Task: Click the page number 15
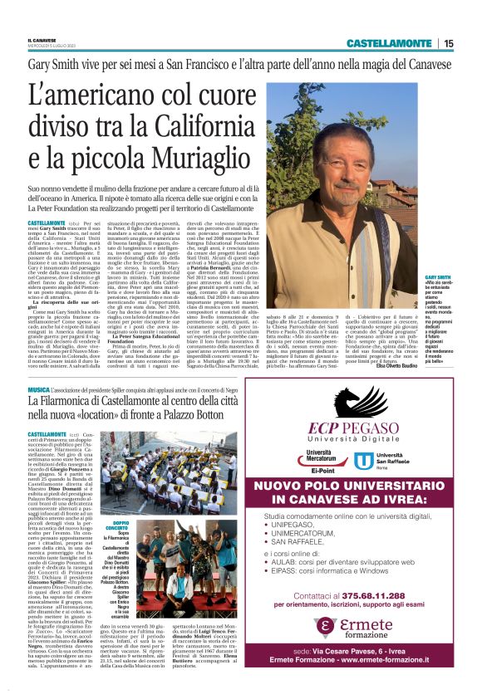click(471, 43)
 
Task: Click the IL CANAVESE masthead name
click(45, 38)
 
